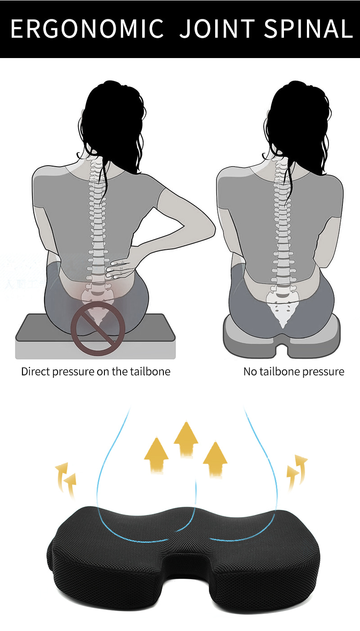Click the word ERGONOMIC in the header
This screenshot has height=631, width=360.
point(87,29)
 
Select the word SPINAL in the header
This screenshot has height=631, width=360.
point(308,29)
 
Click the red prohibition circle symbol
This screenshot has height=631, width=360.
point(98,329)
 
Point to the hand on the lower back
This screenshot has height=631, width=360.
point(121,268)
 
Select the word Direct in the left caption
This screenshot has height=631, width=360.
point(36,372)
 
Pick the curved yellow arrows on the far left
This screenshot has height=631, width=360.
point(67,479)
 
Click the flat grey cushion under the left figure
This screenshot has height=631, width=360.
point(95,337)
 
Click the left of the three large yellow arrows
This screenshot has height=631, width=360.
point(156,455)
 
